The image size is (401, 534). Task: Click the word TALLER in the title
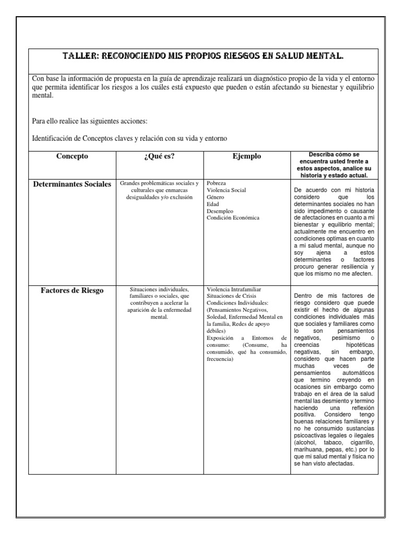pos(79,56)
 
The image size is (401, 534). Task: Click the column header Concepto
pos(72,156)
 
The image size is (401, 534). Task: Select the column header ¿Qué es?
pos(159,156)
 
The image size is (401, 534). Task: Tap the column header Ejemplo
pos(246,156)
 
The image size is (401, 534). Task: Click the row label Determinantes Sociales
pos(72,185)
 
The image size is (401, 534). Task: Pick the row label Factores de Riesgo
pos(72,290)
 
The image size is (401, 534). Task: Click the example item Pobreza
pos(218,184)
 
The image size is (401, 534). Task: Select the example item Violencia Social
pos(226,191)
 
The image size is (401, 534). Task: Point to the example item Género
pos(216,198)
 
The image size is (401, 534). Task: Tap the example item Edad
pos(213,204)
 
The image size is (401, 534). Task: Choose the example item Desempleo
pos(220,211)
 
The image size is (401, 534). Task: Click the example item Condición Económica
pos(233,218)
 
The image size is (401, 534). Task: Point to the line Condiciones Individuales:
pos(238,303)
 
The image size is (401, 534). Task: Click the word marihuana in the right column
pos(311,450)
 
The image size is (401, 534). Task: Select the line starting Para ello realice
pos(90,122)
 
